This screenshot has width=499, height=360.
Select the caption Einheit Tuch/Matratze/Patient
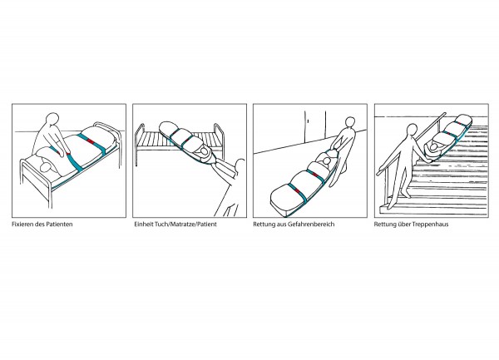[175, 224]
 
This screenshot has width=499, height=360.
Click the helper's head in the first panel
[53, 120]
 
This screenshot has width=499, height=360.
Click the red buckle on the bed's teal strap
[91, 141]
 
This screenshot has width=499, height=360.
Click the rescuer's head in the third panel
[350, 122]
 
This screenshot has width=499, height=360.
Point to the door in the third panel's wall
[315, 126]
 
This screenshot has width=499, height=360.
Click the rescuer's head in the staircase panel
[413, 130]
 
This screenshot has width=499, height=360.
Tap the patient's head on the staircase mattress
[432, 147]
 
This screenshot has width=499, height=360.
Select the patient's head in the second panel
[200, 153]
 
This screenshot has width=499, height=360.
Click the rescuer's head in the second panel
[240, 166]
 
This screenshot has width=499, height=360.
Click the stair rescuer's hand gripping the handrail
[379, 173]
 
